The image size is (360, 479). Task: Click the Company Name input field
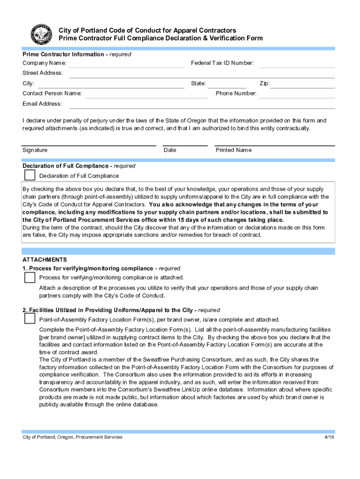click(x=127, y=64)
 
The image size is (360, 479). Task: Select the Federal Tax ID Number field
click(x=297, y=64)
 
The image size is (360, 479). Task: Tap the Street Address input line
click(x=202, y=74)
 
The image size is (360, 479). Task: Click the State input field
click(x=227, y=84)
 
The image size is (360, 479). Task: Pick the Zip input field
click(x=303, y=84)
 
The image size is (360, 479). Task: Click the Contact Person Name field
click(x=146, y=94)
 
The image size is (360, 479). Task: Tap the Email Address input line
click(x=202, y=104)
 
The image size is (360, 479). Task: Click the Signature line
click(x=89, y=143)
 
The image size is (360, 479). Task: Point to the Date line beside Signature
click(x=185, y=143)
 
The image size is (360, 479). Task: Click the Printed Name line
click(x=274, y=143)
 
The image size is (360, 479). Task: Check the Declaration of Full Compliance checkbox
click(x=29, y=175)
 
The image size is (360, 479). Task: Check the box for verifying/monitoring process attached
click(x=29, y=277)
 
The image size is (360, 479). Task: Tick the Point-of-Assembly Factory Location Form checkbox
click(x=29, y=319)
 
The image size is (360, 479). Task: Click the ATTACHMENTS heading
click(x=45, y=260)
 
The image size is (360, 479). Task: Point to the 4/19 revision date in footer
click(x=330, y=437)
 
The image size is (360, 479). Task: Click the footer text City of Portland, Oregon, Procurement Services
click(x=72, y=437)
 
